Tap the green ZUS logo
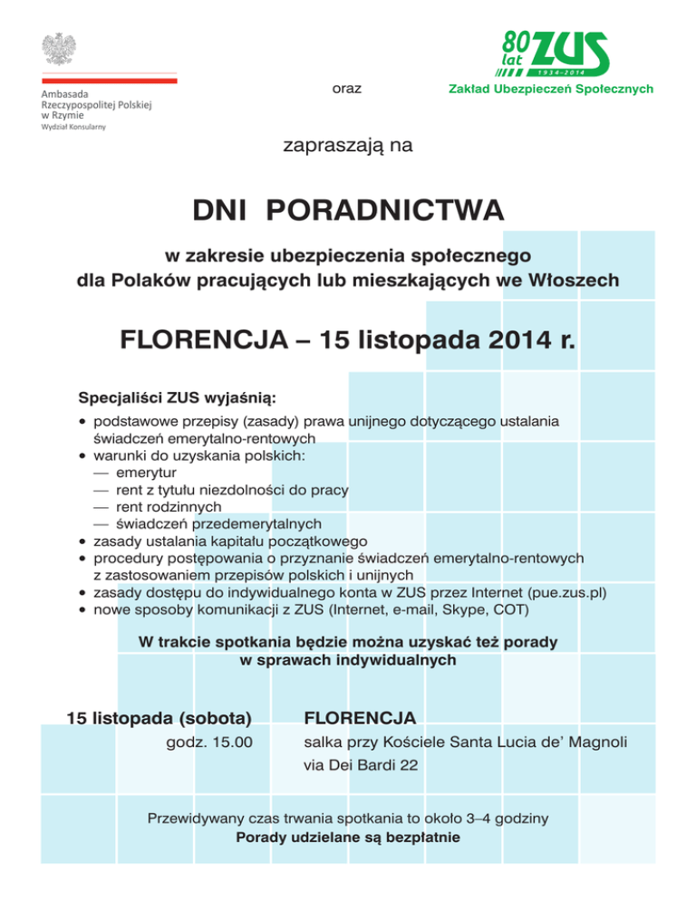point(555,52)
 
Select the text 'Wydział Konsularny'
point(72,128)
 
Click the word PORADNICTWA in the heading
point(386,212)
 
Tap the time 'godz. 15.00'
point(209,743)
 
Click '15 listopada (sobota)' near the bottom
point(159,719)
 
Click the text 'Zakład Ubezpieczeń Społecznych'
point(550,89)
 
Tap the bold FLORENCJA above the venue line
point(360,719)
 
